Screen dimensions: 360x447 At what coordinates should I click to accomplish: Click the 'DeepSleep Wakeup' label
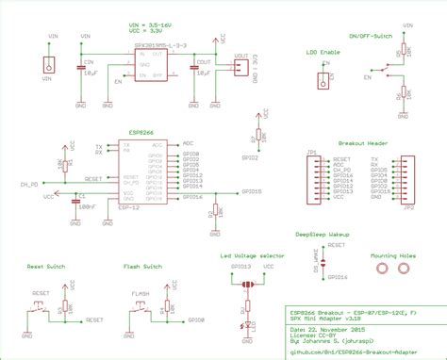322,231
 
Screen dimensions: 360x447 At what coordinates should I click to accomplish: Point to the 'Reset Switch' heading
46,267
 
